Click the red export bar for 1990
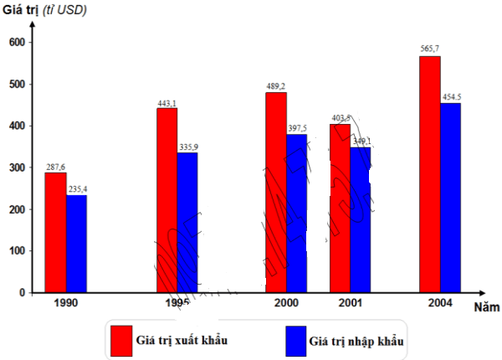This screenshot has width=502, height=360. (x=55, y=233)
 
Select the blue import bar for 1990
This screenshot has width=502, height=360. (x=76, y=244)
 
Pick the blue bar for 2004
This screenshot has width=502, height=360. (x=450, y=198)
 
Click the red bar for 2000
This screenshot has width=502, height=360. (x=276, y=193)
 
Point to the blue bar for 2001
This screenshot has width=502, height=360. (x=361, y=219)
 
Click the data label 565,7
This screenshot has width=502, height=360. (x=429, y=49)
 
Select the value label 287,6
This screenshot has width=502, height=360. (x=55, y=167)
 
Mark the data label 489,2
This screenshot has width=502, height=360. (x=276, y=85)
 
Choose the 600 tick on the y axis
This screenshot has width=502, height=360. (x=17, y=42)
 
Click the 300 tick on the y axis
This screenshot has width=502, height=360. (x=17, y=167)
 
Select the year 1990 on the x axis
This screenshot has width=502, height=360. (x=65, y=303)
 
